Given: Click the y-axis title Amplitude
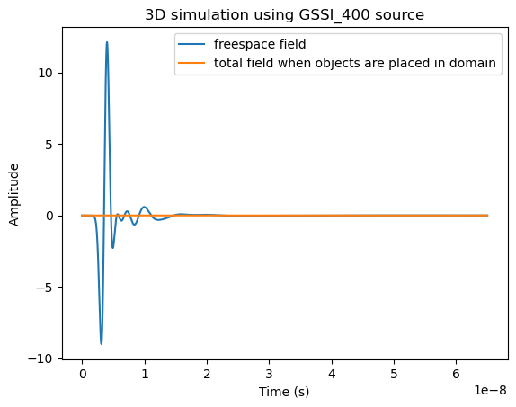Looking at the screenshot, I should pyautogui.click(x=14, y=193).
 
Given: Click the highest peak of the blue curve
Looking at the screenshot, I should pyautogui.click(x=107, y=42).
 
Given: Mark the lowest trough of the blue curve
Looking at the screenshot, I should pyautogui.click(x=102, y=343).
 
